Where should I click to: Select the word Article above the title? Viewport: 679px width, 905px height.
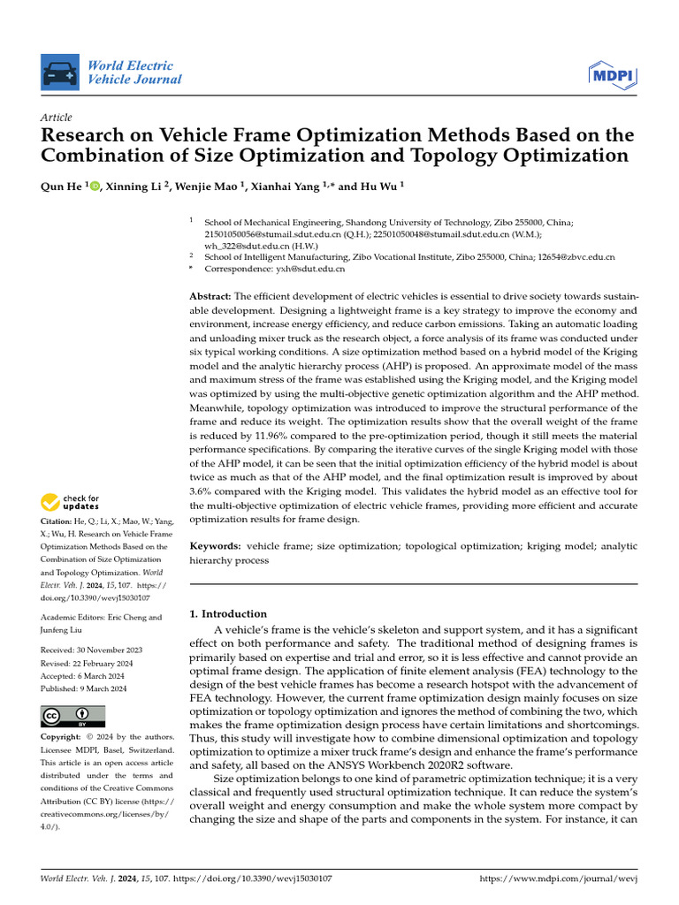pyautogui.click(x=57, y=118)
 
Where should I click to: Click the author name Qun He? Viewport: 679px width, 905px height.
pyautogui.click(x=62, y=186)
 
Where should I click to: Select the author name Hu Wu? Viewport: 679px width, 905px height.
pyautogui.click(x=381, y=186)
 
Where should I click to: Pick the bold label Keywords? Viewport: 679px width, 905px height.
pyautogui.click(x=216, y=547)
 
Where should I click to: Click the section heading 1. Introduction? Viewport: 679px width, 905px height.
pyautogui.click(x=228, y=613)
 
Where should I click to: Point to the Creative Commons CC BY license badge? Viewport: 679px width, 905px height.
pyautogui.click(x=72, y=716)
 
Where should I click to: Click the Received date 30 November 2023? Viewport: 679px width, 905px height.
pyautogui.click(x=104, y=650)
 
